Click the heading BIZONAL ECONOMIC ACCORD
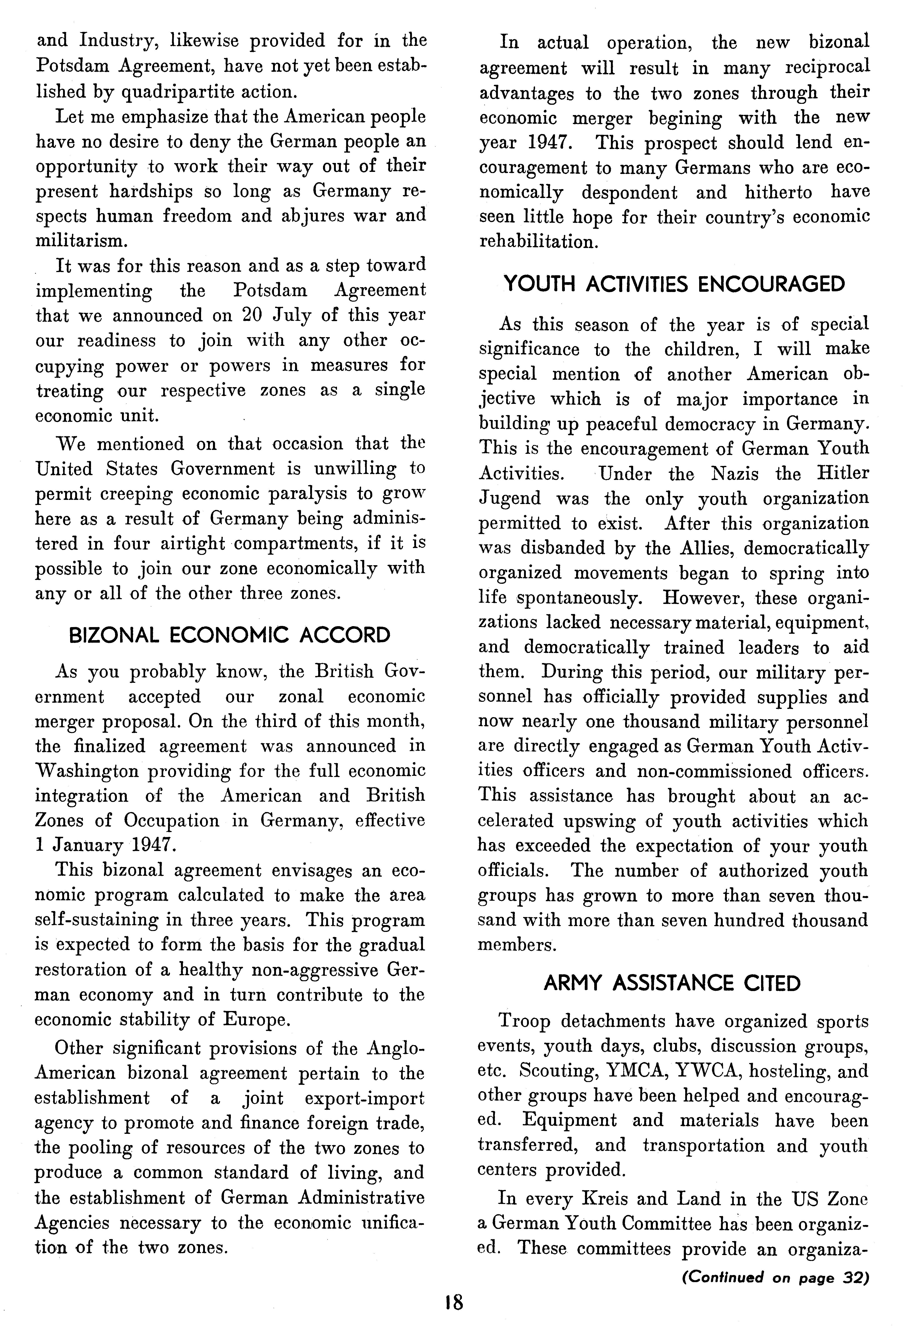point(229,636)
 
